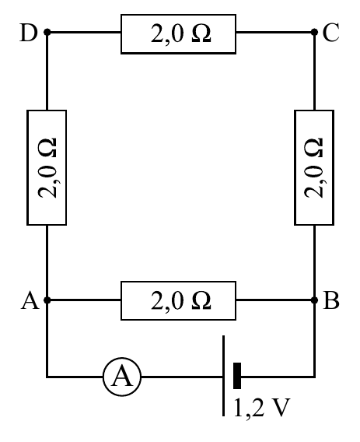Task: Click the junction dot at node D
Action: (47, 32)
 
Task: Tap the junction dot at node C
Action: (314, 32)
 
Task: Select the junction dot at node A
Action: (47, 300)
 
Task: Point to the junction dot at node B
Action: (314, 300)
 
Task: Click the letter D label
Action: (29, 33)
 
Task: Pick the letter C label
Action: (330, 33)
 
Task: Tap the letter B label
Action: (331, 300)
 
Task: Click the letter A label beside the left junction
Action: (30, 300)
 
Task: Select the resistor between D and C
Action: (178, 33)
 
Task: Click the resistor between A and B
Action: (178, 300)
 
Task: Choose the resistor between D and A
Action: (47, 167)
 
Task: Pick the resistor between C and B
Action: (314, 167)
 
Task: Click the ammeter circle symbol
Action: (122, 377)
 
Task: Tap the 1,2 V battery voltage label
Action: (261, 407)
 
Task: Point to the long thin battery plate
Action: (224, 376)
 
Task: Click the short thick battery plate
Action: (237, 376)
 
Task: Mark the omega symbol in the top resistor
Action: (201, 33)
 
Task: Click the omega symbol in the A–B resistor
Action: (201, 301)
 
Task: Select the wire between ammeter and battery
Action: (181, 377)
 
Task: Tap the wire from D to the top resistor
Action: (84, 32)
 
